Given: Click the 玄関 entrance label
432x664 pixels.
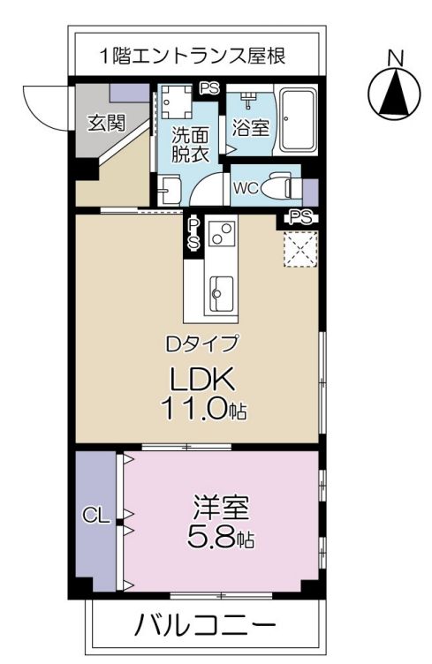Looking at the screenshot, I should click(x=104, y=123).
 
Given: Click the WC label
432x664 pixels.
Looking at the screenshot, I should click(x=246, y=187).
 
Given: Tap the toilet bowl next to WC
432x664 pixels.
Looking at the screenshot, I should click(x=281, y=186).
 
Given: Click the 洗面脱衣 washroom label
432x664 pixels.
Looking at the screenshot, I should click(x=190, y=145).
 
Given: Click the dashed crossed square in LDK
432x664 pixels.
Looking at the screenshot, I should click(x=299, y=248).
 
